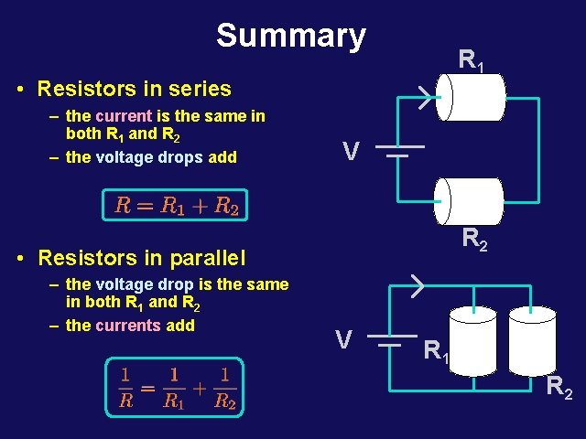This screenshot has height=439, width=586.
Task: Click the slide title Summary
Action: point(291,36)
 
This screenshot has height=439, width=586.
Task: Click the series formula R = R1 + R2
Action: point(177,205)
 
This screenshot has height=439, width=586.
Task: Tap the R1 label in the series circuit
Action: point(471,62)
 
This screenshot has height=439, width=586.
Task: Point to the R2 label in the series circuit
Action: point(474,240)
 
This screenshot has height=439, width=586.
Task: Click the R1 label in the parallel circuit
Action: point(438,349)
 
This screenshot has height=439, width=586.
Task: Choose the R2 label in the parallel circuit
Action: point(559,389)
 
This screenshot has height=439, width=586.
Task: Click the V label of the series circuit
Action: point(350,150)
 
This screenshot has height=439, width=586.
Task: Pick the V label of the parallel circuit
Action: point(343,341)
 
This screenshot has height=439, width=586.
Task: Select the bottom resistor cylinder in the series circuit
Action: point(469,201)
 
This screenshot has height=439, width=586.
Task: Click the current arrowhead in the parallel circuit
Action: point(417,285)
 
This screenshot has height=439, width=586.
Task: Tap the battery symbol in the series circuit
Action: point(398,151)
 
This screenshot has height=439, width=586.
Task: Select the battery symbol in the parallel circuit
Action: point(391,341)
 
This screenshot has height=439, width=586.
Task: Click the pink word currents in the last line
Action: point(124,325)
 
